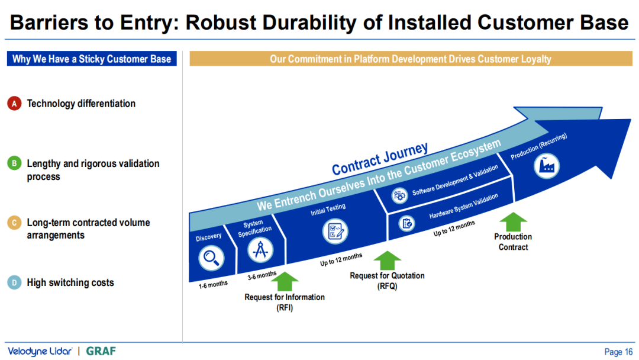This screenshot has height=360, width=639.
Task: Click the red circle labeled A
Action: (15, 104)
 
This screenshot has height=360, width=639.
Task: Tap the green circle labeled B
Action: (15, 163)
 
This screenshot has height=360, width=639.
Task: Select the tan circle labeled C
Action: (15, 223)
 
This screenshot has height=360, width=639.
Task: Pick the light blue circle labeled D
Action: (15, 282)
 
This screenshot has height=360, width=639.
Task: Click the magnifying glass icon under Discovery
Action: (210, 258)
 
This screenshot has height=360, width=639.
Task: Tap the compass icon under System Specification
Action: (260, 250)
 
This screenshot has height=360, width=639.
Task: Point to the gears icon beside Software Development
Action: (399, 195)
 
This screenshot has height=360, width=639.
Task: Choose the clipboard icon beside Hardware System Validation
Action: (406, 223)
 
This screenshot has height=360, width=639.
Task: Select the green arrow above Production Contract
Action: (513, 221)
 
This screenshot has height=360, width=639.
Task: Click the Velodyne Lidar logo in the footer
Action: (39, 351)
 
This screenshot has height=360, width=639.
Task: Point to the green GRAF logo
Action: (101, 351)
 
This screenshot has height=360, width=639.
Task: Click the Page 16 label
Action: (618, 352)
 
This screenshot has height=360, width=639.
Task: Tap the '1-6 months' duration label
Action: (213, 284)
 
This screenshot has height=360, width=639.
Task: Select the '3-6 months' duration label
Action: (262, 275)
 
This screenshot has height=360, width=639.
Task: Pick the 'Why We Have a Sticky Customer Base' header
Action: (92, 59)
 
